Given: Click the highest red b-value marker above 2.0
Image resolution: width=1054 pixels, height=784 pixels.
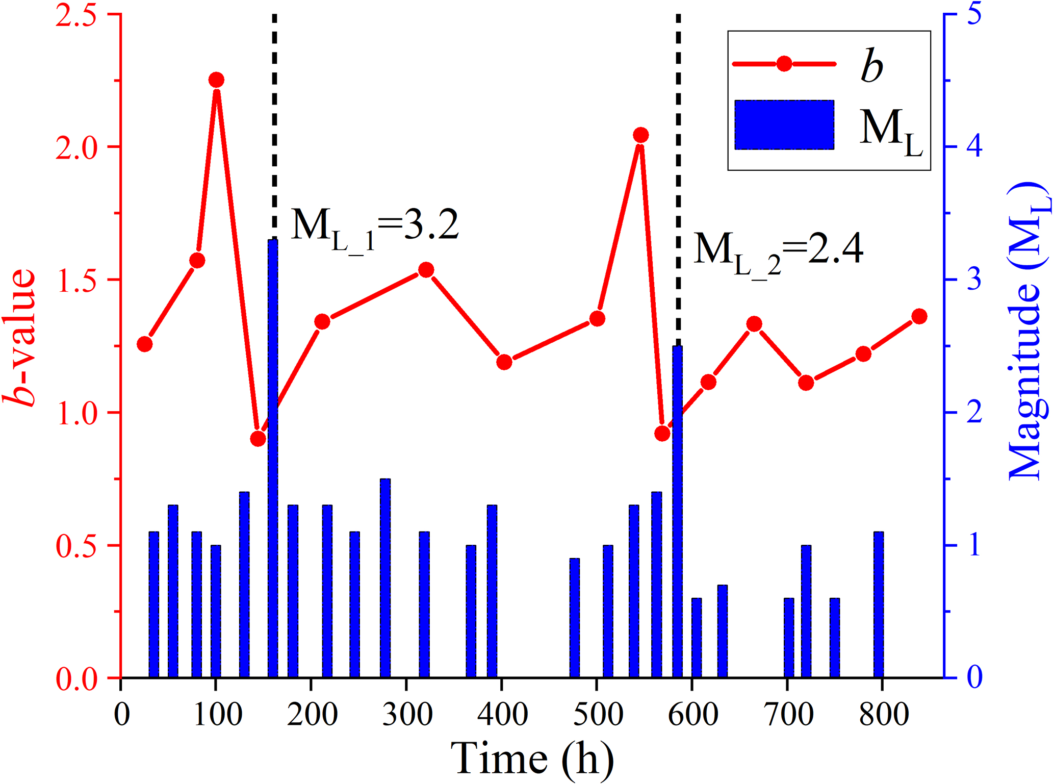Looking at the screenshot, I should pyautogui.click(x=217, y=80).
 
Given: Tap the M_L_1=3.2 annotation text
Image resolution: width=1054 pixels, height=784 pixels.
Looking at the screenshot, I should pyautogui.click(x=375, y=227).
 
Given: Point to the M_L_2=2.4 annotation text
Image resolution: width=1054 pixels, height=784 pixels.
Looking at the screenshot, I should pyautogui.click(x=778, y=251).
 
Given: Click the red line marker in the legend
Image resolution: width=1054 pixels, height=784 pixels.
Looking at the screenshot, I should pyautogui.click(x=784, y=64).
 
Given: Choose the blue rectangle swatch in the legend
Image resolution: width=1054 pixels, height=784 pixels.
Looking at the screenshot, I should pyautogui.click(x=784, y=125).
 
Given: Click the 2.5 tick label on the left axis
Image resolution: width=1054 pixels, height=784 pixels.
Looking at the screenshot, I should pyautogui.click(x=76, y=16).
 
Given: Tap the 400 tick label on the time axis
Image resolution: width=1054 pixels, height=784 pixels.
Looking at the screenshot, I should pyautogui.click(x=502, y=714).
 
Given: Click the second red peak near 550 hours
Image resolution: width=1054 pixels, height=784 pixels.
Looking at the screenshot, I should pyautogui.click(x=641, y=135).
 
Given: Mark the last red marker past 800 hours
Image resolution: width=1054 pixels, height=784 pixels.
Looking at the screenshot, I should pyautogui.click(x=919, y=316).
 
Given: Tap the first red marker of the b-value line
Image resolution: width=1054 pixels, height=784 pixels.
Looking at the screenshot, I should pyautogui.click(x=145, y=344).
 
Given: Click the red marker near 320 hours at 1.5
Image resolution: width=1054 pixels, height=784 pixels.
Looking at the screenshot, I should pyautogui.click(x=426, y=270).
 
